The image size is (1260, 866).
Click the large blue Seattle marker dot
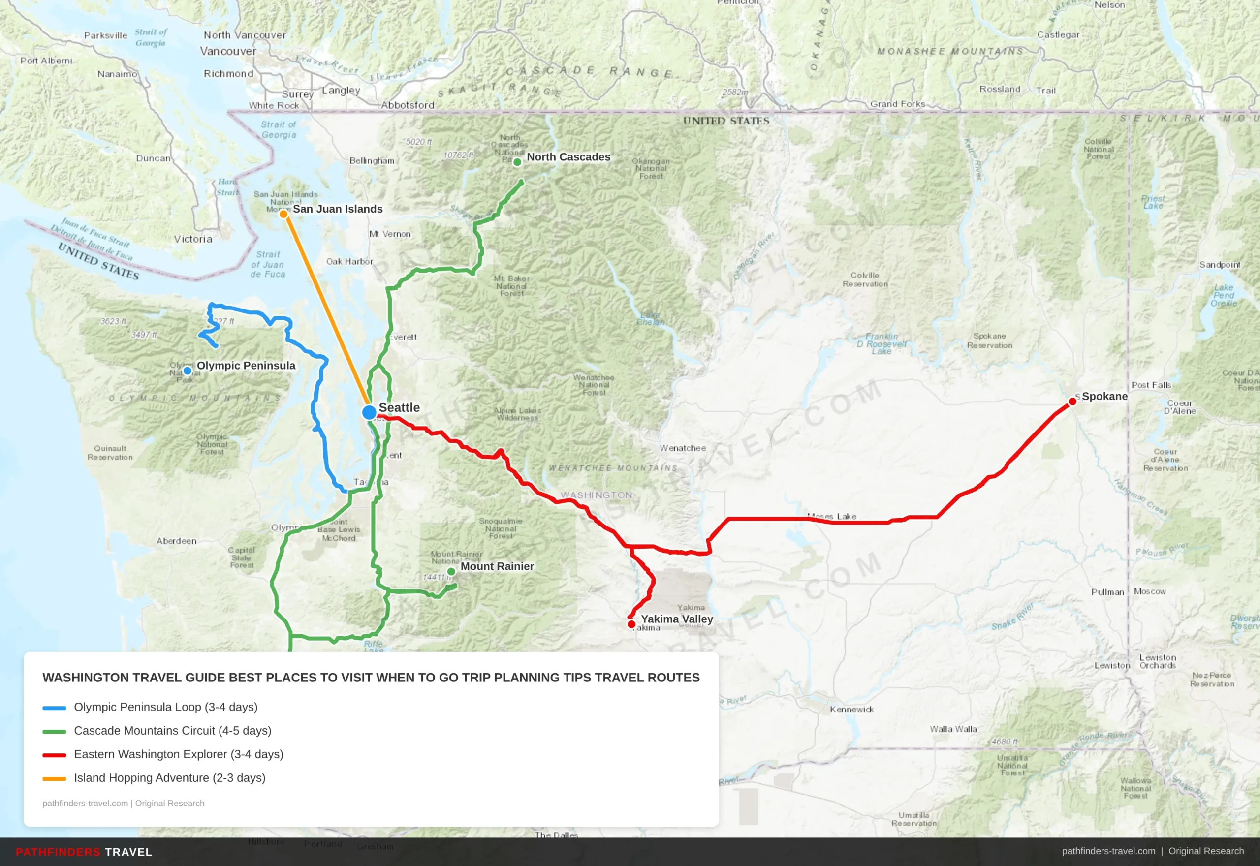369,412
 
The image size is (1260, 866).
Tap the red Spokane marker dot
1072,402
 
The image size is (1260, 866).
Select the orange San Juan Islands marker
283,215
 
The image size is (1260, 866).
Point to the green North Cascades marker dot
517,162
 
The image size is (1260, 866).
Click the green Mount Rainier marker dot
451,571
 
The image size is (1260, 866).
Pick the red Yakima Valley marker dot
631,624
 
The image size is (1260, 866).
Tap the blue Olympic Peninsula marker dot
187,371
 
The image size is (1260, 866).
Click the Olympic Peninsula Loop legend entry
165,707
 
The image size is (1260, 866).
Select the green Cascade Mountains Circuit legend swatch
54,732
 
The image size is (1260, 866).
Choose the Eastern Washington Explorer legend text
179,754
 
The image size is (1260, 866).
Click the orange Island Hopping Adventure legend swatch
54,778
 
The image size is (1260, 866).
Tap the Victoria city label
193,239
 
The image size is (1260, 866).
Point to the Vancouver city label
228,51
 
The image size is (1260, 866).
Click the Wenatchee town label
683,448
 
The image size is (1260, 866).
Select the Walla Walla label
953,729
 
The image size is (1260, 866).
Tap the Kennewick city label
851,709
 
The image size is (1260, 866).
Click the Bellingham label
372,160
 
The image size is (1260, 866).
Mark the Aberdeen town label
176,541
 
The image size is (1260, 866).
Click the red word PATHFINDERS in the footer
58,852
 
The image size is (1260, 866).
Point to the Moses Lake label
832,516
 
